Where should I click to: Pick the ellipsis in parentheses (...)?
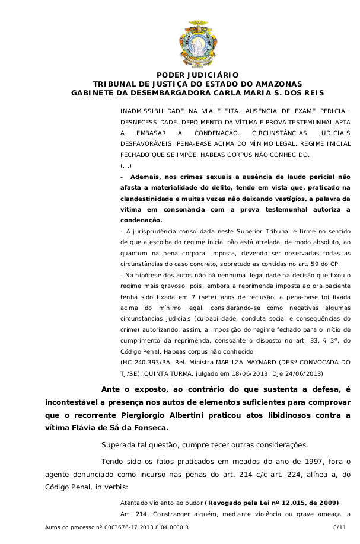[x=126, y=165]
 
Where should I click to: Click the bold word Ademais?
[x=146, y=177]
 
